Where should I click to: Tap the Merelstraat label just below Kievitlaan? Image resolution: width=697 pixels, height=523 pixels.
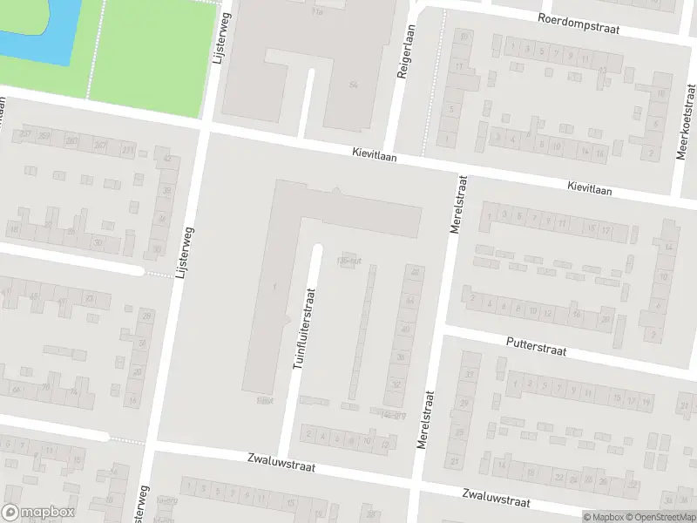(458, 206)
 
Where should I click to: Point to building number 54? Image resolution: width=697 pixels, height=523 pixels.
(353, 85)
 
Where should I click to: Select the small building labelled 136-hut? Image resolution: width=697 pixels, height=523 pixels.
(348, 261)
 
